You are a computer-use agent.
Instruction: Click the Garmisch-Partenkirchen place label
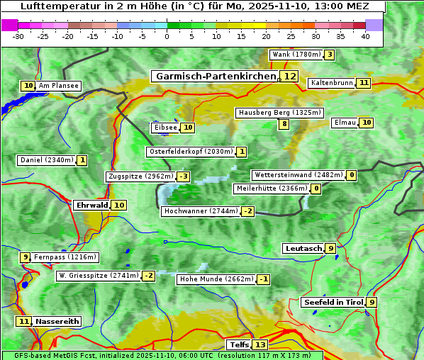click(214, 76)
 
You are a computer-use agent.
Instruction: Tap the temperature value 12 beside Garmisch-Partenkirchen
click(289, 76)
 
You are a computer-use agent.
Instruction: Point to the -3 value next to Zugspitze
click(184, 176)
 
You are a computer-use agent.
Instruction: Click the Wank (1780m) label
click(296, 55)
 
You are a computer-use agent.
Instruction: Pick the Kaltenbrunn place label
click(331, 83)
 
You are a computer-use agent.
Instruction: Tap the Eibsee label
click(165, 128)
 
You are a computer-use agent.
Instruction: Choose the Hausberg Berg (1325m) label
click(280, 113)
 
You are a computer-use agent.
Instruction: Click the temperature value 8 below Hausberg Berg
click(284, 124)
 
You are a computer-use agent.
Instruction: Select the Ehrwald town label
click(91, 206)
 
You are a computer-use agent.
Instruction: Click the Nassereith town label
click(57, 321)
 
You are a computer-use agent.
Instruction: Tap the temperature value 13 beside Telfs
click(260, 345)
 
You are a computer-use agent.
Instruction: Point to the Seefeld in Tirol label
click(333, 303)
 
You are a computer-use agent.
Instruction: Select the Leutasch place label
click(303, 248)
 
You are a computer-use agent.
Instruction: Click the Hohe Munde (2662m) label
click(216, 279)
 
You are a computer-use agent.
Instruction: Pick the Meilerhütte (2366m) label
click(272, 189)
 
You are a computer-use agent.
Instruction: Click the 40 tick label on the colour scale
click(364, 36)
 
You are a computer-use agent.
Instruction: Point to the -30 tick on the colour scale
click(18, 36)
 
